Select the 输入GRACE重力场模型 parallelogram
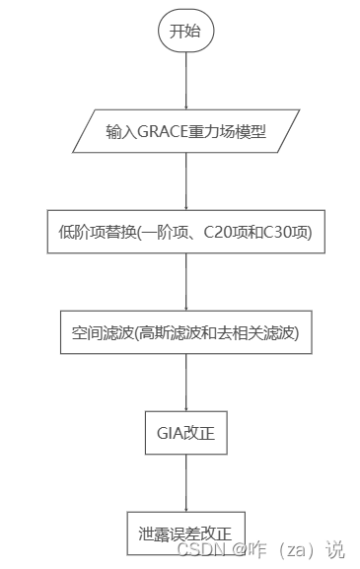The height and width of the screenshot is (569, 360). coord(185,129)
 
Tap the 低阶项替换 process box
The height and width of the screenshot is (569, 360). coord(185,232)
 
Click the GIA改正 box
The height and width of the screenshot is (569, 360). coord(185,432)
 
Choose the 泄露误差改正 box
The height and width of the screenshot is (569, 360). coord(185,533)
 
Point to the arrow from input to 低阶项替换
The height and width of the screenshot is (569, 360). coord(185,179)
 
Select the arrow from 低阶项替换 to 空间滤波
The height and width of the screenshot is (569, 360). coord(185,281)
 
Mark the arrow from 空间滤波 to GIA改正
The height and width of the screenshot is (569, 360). coord(185,382)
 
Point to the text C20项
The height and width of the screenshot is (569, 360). coord(223,232)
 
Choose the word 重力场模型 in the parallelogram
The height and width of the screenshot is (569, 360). coord(234,129)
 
